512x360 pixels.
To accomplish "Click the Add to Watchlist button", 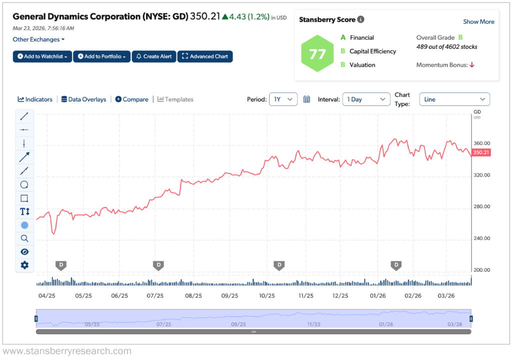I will (x=42, y=56).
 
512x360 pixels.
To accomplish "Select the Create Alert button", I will (x=154, y=56).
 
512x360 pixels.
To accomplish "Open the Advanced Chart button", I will (x=205, y=56).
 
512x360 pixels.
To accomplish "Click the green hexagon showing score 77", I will (x=317, y=54).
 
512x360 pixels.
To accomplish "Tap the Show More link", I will (x=478, y=21).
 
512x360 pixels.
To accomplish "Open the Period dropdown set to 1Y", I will (x=283, y=99).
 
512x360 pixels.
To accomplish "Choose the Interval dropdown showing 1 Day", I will (x=366, y=99).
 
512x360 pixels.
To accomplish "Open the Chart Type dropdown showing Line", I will (x=454, y=99).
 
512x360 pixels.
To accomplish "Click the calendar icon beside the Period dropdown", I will (x=307, y=99).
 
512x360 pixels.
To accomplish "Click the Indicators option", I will (x=35, y=99).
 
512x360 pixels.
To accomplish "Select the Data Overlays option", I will (x=83, y=99).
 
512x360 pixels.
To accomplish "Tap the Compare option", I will (x=132, y=99).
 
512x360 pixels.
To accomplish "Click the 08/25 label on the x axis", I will (x=192, y=296).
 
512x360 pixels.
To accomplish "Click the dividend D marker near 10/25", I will (x=279, y=264).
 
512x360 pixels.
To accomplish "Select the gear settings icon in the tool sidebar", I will (x=24, y=265).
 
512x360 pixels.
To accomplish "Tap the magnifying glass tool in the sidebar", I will (x=24, y=238).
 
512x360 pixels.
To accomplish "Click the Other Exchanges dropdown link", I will (x=38, y=39).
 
